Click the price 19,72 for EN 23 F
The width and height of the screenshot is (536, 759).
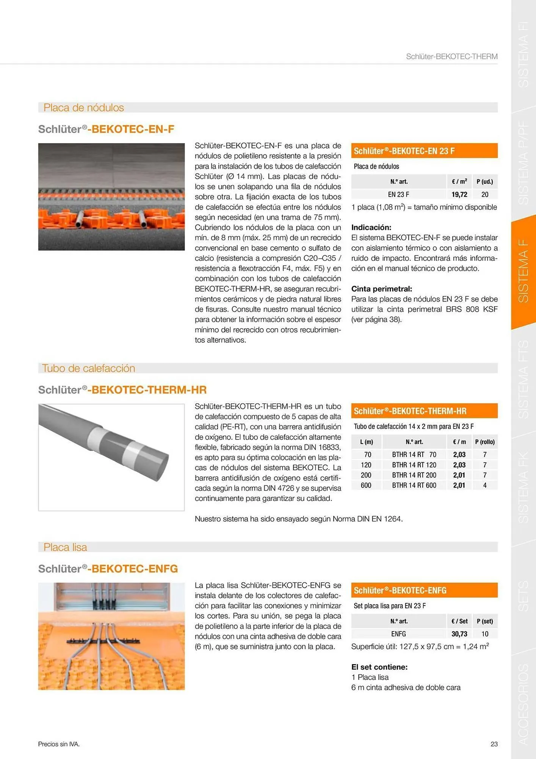click(459, 195)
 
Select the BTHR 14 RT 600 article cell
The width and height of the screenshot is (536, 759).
click(414, 485)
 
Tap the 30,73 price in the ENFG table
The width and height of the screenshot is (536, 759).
click(459, 634)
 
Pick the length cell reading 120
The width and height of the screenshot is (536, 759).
click(366, 465)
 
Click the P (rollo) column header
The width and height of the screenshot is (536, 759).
click(485, 442)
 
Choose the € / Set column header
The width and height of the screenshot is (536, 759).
click(459, 621)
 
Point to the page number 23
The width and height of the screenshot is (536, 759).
click(494, 744)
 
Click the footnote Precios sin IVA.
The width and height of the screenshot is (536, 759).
click(59, 744)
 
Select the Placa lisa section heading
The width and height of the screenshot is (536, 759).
click(65, 547)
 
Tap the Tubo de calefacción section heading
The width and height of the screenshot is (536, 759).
click(88, 368)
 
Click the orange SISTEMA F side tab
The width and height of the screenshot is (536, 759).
click(523, 271)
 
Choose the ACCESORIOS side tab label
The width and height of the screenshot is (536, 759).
click(523, 704)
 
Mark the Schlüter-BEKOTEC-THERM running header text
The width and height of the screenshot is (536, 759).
click(451, 57)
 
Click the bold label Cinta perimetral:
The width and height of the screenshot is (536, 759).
click(381, 289)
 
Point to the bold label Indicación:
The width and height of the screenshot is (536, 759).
click(371, 227)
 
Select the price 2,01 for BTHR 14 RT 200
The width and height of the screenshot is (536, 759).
click(459, 475)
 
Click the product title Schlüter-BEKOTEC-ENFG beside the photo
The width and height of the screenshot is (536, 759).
click(108, 569)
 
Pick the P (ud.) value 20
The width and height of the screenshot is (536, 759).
click(485, 195)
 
